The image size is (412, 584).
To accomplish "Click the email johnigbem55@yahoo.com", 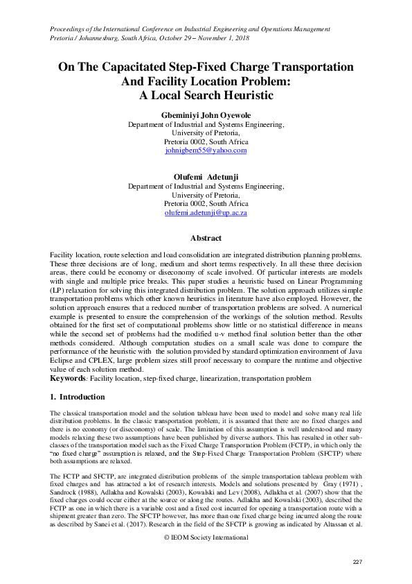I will [x=206, y=150].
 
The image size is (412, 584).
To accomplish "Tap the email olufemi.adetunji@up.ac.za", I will [x=206, y=213].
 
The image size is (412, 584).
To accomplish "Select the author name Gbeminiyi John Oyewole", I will [x=206, y=114].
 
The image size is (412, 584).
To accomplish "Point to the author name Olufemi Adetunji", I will [x=206, y=177].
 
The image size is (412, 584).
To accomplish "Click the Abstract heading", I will [x=206, y=238].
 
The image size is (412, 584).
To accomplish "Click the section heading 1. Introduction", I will [x=78, y=397].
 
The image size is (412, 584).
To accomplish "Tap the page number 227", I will [x=358, y=561].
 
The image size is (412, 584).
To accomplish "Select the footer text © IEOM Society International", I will [x=206, y=538].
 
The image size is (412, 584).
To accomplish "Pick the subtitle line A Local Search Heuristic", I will [x=206, y=95].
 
